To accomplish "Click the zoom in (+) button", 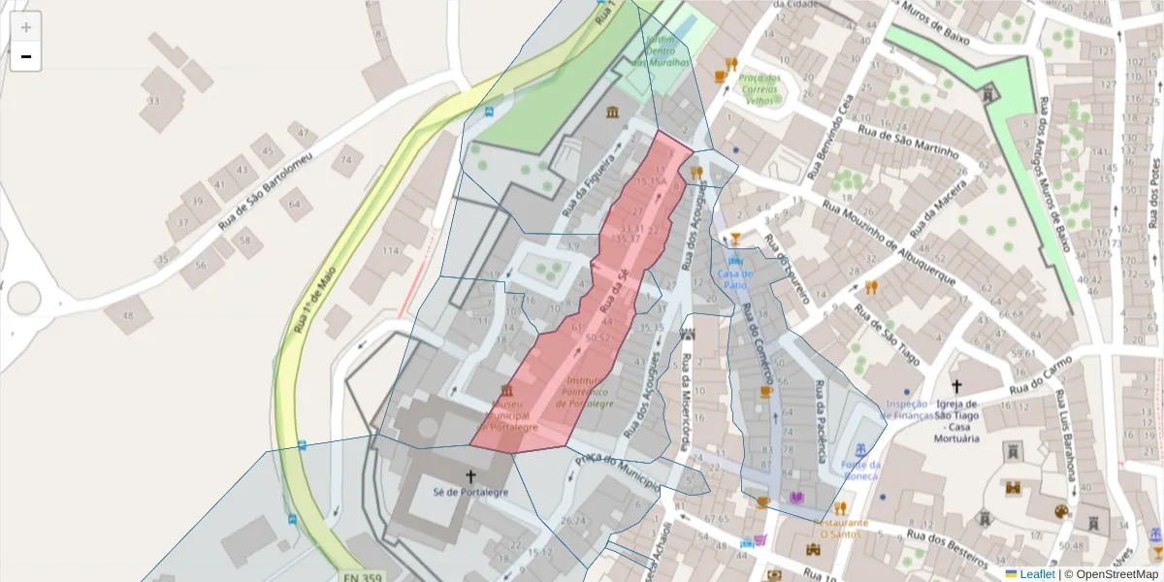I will pyautogui.click(x=26, y=27).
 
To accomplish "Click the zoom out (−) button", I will pyautogui.click(x=26, y=57).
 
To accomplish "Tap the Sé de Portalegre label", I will pyautogui.click(x=470, y=493).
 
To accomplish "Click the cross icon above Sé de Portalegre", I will pyautogui.click(x=471, y=476).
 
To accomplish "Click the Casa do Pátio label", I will pyautogui.click(x=735, y=279).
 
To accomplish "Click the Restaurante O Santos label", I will pyautogui.click(x=840, y=528).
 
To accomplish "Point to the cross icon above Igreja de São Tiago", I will pyautogui.click(x=956, y=386).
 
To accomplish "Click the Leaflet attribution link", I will pyautogui.click(x=1036, y=574).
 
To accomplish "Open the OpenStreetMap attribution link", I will pyautogui.click(x=1115, y=574).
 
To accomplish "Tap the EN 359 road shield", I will pyautogui.click(x=363, y=577).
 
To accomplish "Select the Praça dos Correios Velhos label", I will pyautogui.click(x=759, y=89).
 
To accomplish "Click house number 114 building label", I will pyautogui.click(x=390, y=250).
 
